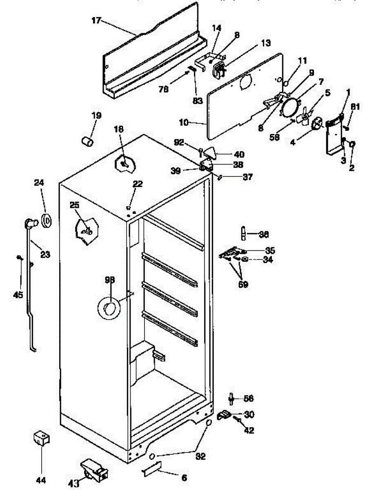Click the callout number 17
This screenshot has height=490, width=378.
(x=96, y=21)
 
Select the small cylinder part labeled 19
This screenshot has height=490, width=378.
(x=87, y=141)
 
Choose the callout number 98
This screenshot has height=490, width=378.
(x=109, y=280)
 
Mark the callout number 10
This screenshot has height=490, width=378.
(x=185, y=122)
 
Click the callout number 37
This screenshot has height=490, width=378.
(x=247, y=177)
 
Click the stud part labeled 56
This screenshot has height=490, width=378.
(x=231, y=398)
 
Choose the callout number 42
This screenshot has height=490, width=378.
(x=249, y=430)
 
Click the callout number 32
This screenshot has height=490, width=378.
(x=200, y=457)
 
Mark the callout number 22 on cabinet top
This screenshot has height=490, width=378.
(x=138, y=184)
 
